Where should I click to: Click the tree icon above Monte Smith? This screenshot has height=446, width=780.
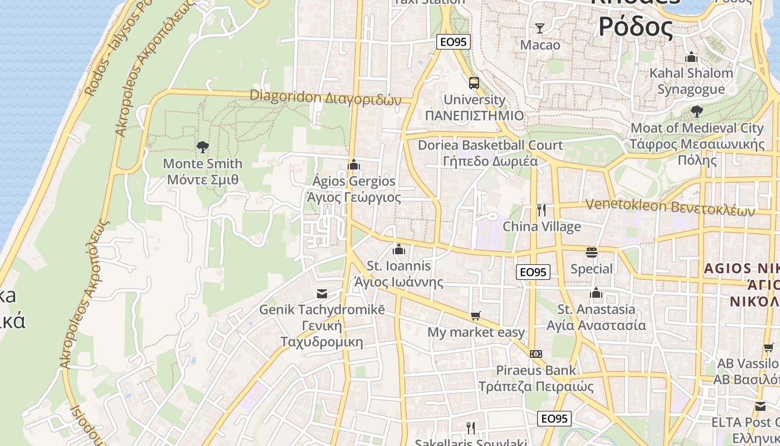coord(203,147)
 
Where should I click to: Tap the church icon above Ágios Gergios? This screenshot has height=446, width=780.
coord(354,164)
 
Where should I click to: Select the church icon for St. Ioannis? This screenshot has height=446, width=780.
coord(399,249)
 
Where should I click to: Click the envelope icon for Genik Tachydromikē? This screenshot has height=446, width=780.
coord(322,293)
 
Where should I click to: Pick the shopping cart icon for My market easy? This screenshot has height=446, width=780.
coord(476,316)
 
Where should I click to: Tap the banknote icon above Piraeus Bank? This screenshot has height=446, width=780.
coord(536,353)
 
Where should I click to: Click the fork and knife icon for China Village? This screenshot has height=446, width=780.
coord(542,210)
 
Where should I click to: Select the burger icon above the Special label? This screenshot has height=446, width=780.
coord(592,253)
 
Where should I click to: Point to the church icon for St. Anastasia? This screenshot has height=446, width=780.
coord(596,293)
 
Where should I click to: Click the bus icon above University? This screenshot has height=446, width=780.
coord(474,83)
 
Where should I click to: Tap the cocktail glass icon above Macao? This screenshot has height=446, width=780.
coord(540,28)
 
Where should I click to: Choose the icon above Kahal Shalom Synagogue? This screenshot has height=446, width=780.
coord(691,57)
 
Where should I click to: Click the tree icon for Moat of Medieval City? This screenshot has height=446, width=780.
coord(696,111)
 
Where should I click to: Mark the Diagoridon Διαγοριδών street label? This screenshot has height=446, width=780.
coord(325,98)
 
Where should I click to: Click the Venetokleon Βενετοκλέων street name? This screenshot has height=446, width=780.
coord(670,207)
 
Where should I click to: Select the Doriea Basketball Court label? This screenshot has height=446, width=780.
coord(490,145)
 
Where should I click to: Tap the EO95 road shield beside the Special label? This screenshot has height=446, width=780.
coord(533,272)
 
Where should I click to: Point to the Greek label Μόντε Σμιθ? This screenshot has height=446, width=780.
coord(203,180)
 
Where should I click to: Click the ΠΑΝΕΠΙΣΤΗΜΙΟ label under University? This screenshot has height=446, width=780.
coord(474,115)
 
